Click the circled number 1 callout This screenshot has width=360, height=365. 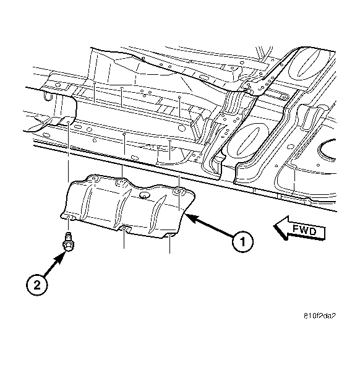(x=242, y=241)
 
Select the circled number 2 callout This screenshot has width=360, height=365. (x=36, y=285)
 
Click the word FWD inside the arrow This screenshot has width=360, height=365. (x=304, y=230)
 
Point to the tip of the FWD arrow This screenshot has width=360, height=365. (x=274, y=225)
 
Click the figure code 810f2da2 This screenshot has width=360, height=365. (x=320, y=316)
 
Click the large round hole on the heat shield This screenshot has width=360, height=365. (x=144, y=195)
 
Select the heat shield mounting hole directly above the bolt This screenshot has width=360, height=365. (x=69, y=218)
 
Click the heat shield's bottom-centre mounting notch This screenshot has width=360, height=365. (x=125, y=229)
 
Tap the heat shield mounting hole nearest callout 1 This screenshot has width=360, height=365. (x=179, y=191)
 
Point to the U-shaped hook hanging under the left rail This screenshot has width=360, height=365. (x=47, y=96)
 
